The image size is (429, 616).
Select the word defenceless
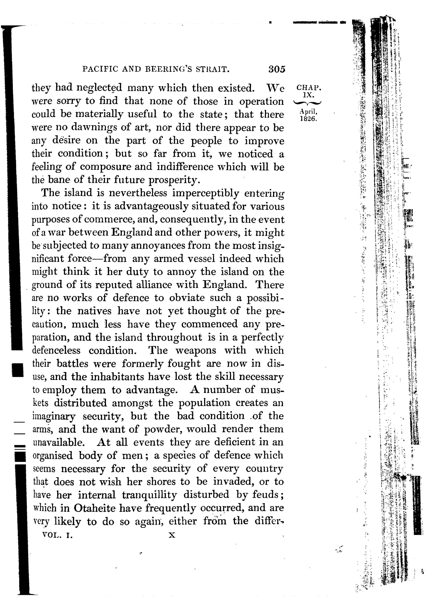click(56, 350)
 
